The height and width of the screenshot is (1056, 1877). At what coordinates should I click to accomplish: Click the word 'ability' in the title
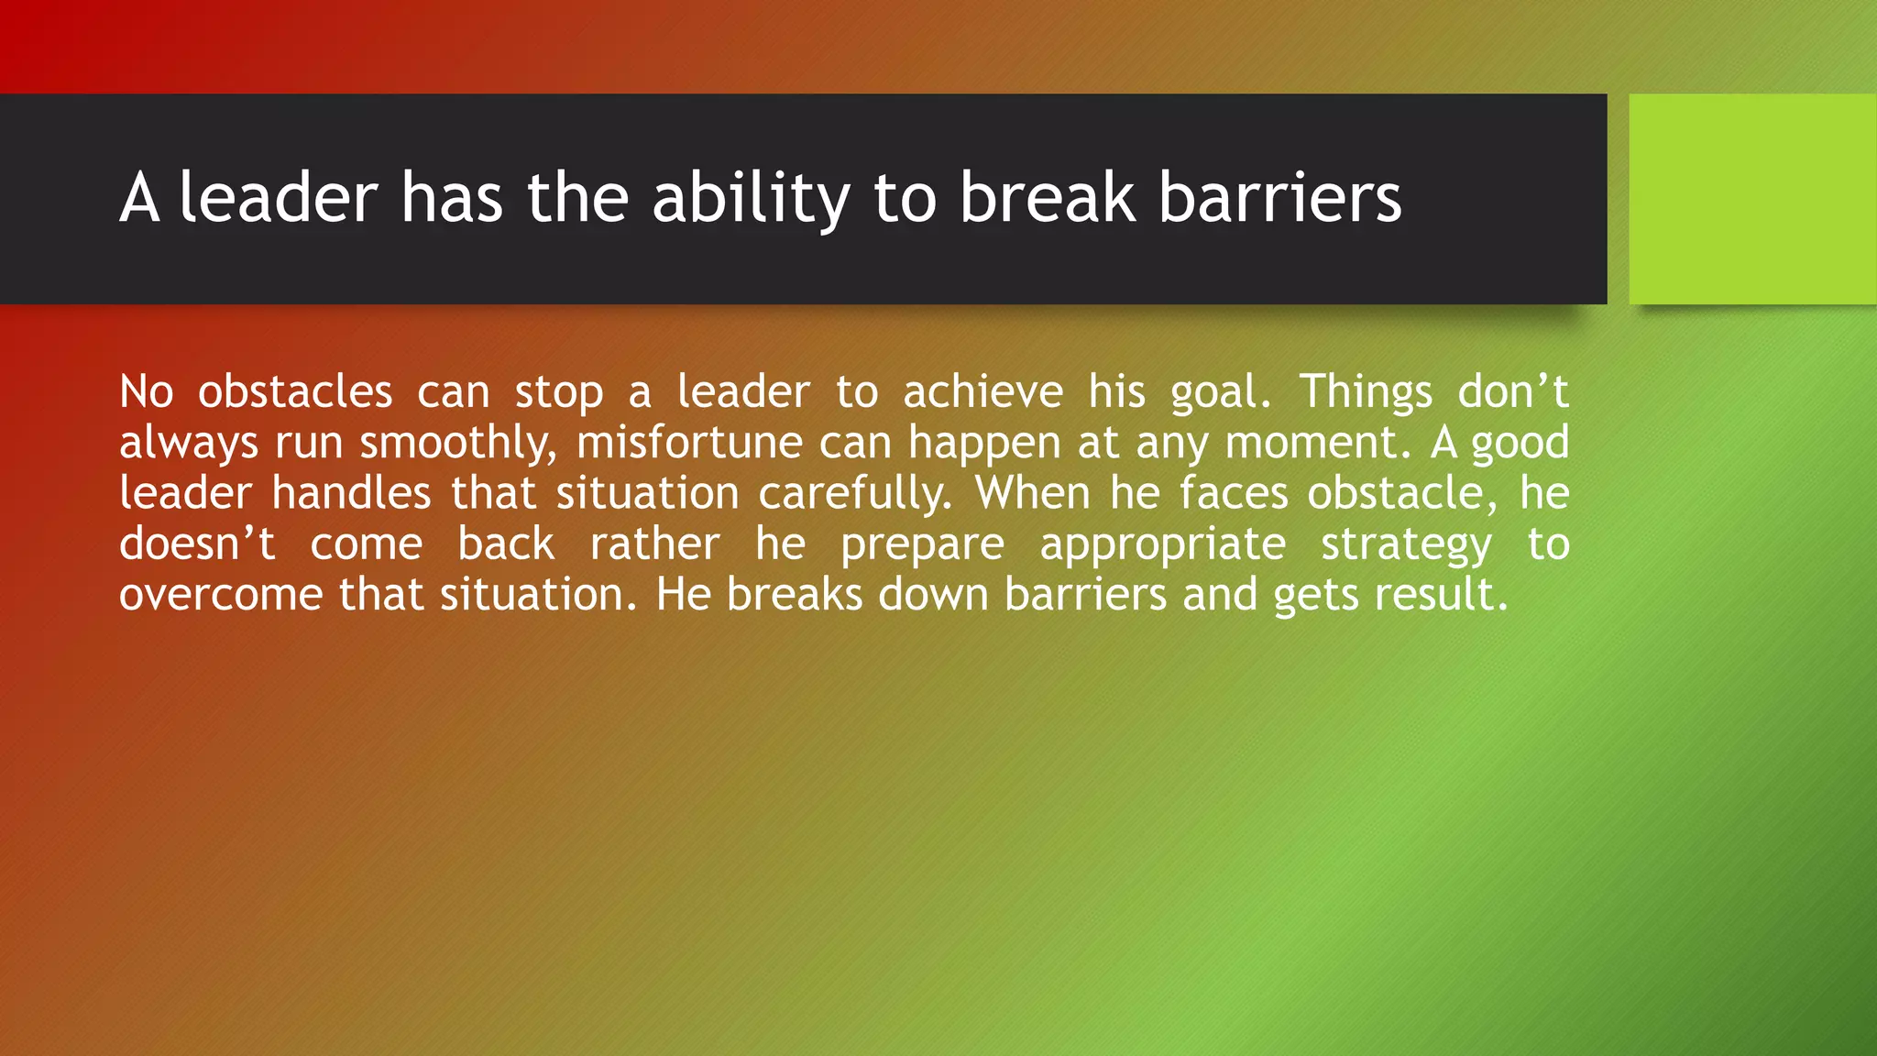[x=751, y=198]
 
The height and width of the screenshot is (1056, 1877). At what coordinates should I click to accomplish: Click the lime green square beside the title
[x=1752, y=198]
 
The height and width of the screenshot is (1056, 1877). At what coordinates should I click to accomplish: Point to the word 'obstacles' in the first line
[x=295, y=392]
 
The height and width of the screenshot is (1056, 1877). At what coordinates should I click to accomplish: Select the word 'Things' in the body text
[x=1365, y=392]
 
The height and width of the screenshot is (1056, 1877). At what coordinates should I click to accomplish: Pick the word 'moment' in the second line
[x=1311, y=444]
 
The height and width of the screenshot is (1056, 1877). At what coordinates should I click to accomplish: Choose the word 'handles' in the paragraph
[x=351, y=493]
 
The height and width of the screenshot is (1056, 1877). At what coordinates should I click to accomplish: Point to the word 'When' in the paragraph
[x=1033, y=493]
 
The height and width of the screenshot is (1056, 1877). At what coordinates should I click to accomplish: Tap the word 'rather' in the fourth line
[x=654, y=544]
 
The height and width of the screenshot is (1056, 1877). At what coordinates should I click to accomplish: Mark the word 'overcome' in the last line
[x=221, y=595]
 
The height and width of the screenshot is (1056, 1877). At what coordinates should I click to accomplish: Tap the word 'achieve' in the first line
[x=982, y=392]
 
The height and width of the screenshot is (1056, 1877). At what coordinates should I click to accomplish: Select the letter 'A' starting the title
[x=139, y=198]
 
